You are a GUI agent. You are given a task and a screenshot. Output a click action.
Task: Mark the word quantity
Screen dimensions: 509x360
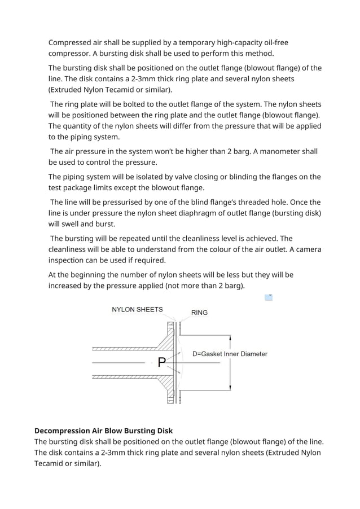tap(83, 126)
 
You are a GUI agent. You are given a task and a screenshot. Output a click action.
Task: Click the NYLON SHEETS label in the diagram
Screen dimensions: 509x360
tap(137, 309)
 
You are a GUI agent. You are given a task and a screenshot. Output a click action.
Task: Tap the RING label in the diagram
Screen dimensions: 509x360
tap(199, 312)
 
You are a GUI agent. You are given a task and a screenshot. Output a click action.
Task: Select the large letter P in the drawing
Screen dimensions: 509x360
tap(162, 362)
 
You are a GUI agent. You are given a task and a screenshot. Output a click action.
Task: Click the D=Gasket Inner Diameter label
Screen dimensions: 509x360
tap(230, 354)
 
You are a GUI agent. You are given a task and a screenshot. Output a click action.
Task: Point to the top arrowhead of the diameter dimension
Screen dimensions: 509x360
tap(230, 337)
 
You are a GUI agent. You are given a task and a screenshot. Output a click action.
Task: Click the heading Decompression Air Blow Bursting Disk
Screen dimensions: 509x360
tap(103, 431)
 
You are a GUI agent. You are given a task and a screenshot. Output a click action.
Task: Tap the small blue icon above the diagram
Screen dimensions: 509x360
tap(269, 297)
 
